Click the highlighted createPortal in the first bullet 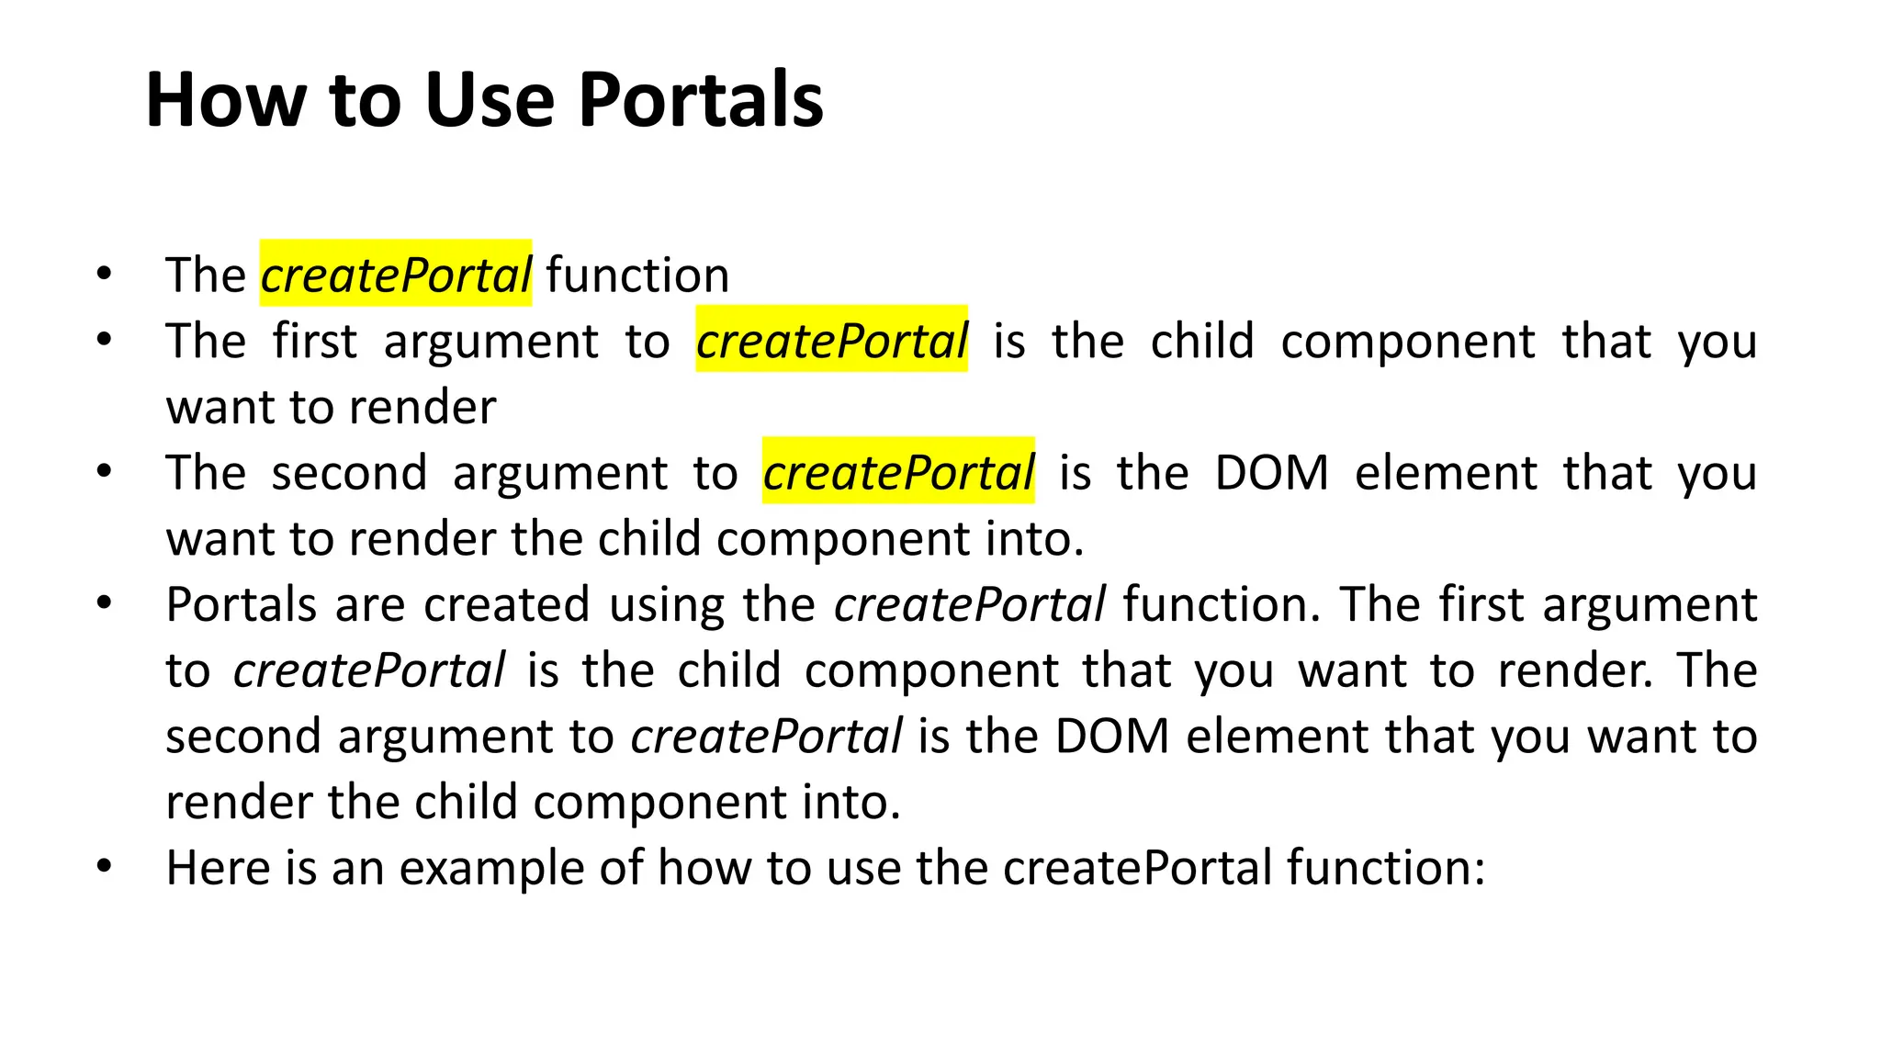pos(396,275)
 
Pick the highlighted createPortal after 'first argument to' pos(831,341)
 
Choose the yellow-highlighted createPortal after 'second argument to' pos(898,472)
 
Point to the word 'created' pos(506,604)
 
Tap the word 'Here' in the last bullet pos(218,867)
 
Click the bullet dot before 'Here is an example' pos(104,865)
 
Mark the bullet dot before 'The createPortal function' pos(104,273)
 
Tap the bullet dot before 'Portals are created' pos(104,602)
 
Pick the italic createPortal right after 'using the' pos(970,604)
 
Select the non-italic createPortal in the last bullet pos(1138,867)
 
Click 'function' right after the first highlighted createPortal pos(637,275)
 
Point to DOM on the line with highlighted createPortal pos(1271,472)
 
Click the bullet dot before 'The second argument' pos(104,470)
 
